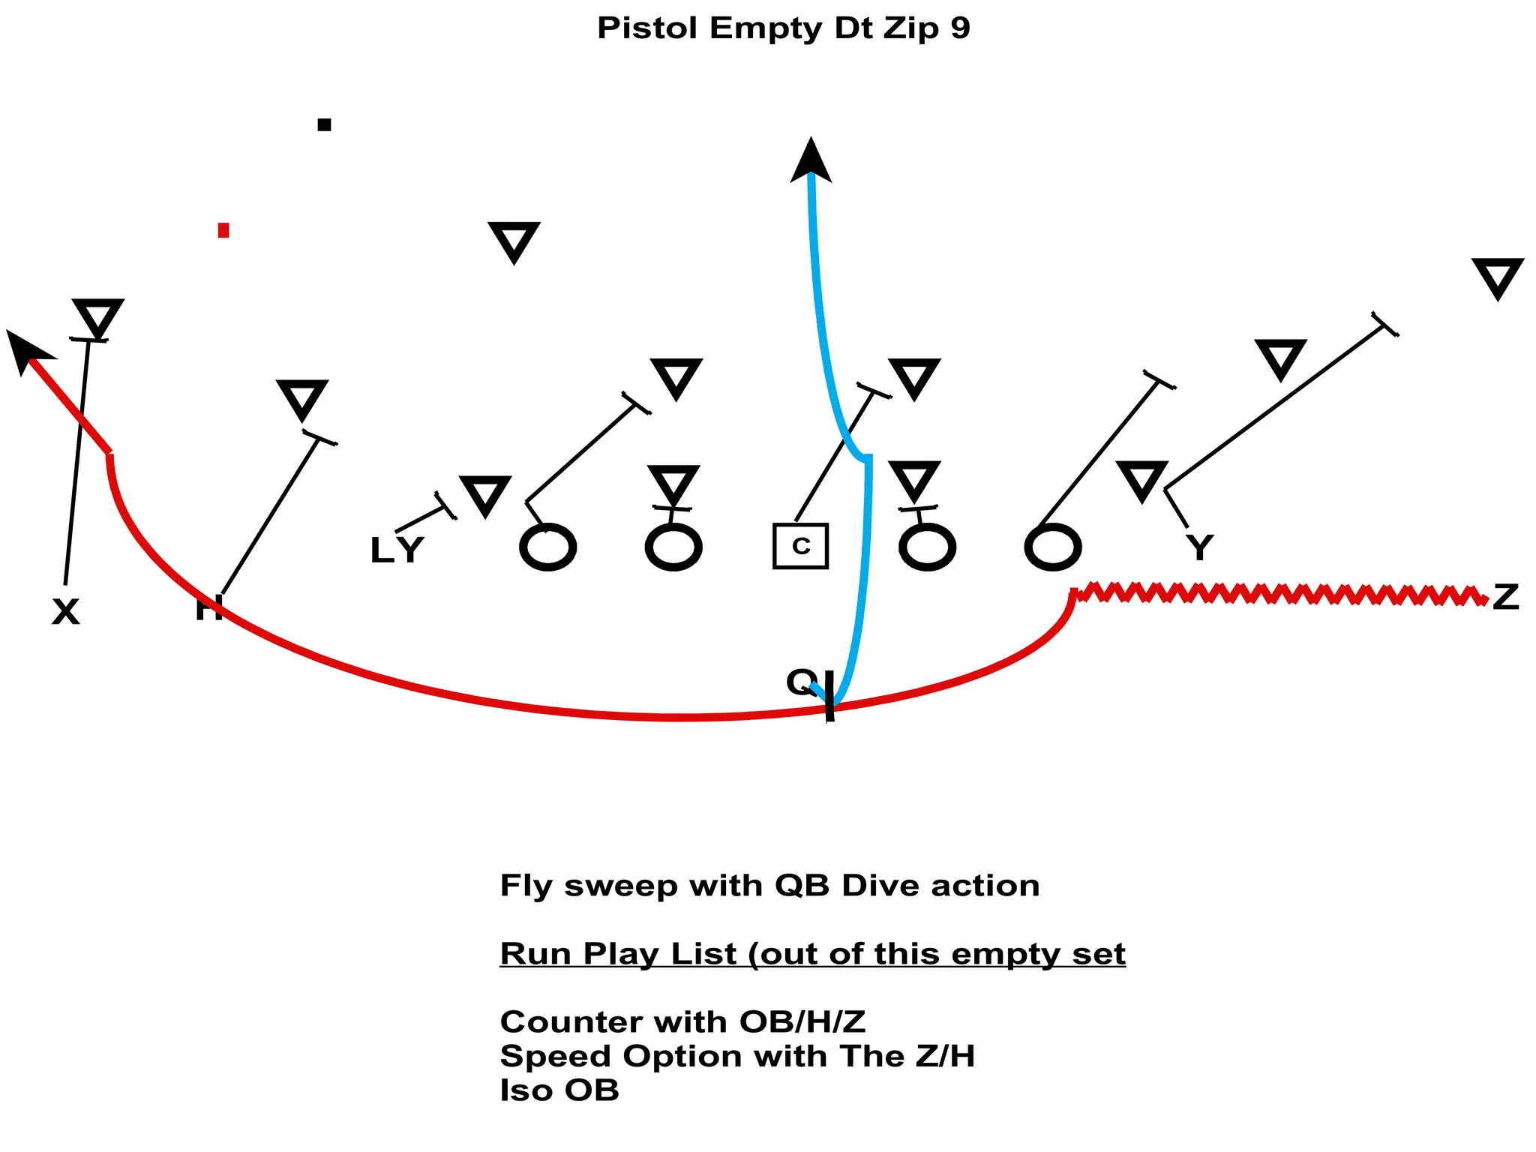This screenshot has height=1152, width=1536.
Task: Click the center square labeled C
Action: point(800,546)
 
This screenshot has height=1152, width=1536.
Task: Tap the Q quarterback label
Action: point(801,681)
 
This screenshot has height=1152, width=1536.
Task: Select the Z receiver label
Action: point(1505,598)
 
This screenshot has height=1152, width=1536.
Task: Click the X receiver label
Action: point(65,612)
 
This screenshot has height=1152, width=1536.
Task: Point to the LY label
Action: point(397,550)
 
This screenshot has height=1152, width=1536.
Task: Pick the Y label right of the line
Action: point(1200,547)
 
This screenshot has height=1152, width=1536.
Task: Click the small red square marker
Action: point(223,230)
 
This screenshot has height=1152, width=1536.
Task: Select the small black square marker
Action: point(324,124)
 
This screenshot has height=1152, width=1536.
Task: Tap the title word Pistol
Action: point(647,28)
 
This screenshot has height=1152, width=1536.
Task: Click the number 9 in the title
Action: point(960,28)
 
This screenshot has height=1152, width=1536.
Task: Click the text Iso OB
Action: point(559,1090)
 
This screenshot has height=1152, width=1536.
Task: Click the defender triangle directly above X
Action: point(97,316)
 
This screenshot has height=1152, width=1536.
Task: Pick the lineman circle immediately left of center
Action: point(673,547)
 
